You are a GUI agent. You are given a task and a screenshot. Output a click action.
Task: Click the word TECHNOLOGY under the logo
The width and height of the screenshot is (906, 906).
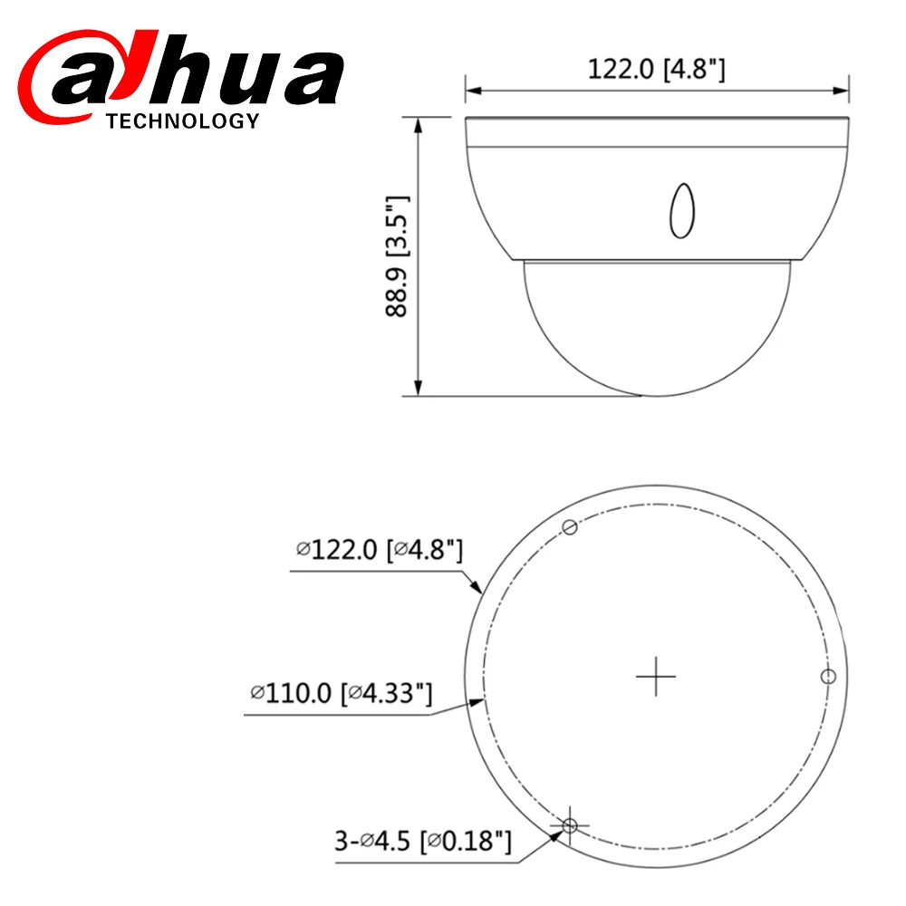pyautogui.click(x=182, y=121)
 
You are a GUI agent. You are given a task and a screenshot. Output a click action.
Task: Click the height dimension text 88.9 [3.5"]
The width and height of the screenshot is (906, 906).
pyautogui.click(x=397, y=256)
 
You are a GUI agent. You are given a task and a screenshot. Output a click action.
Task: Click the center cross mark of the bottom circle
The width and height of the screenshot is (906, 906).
pyautogui.click(x=656, y=677)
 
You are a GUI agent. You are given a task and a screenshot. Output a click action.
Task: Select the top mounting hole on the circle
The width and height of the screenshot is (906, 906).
pyautogui.click(x=570, y=527)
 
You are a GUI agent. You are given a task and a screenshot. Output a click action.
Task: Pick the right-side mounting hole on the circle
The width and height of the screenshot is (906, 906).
pyautogui.click(x=827, y=677)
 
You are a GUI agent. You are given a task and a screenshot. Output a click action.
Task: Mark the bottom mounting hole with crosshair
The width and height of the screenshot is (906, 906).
pyautogui.click(x=570, y=825)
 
